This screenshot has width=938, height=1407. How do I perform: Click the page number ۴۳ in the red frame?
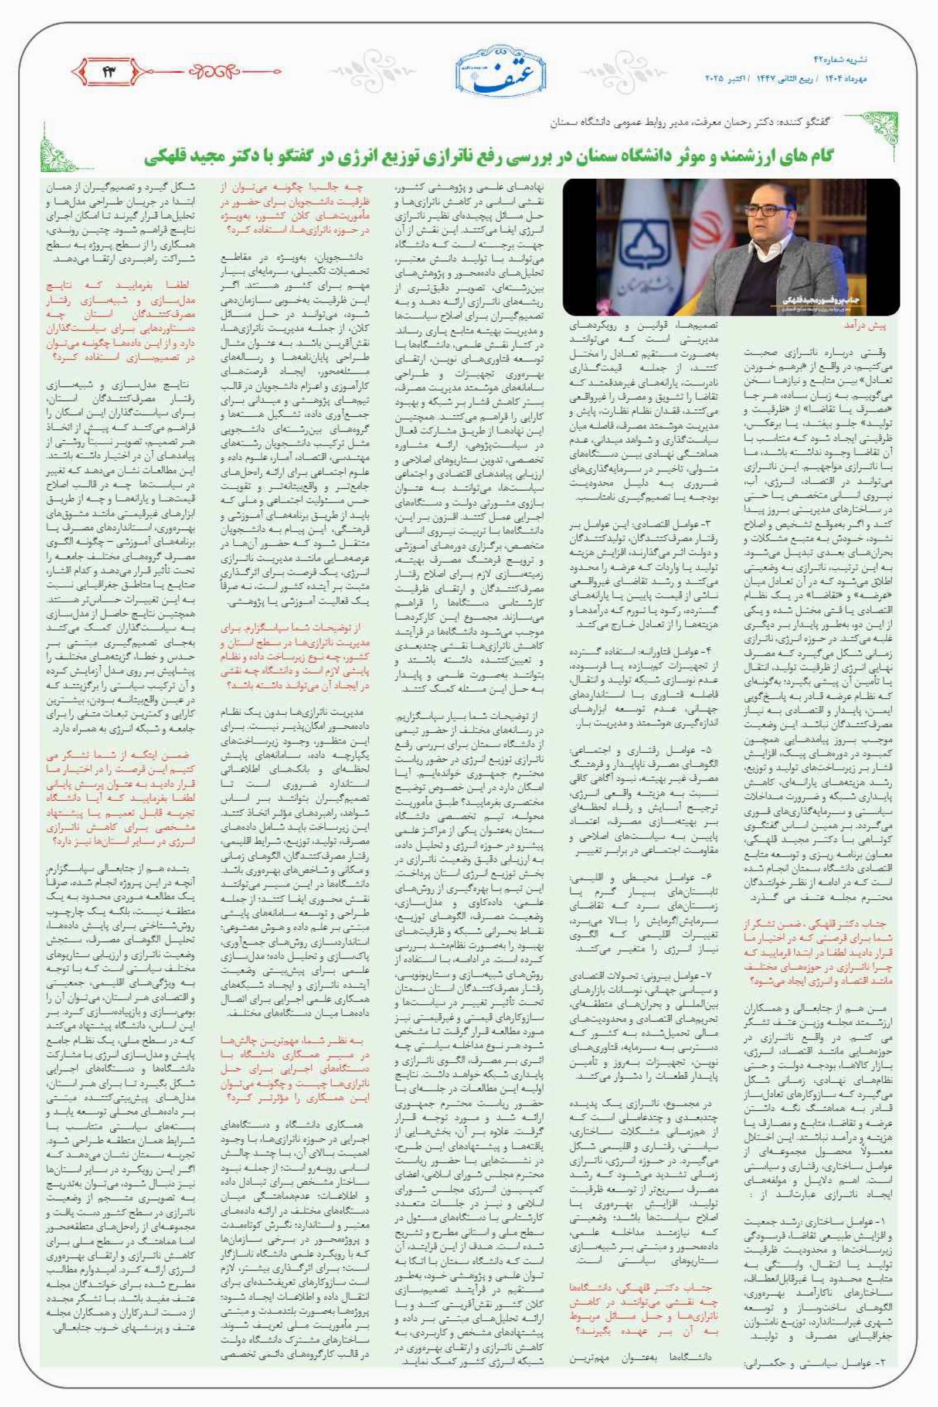[x=110, y=72]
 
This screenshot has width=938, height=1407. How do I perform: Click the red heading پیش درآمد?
[x=864, y=325]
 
